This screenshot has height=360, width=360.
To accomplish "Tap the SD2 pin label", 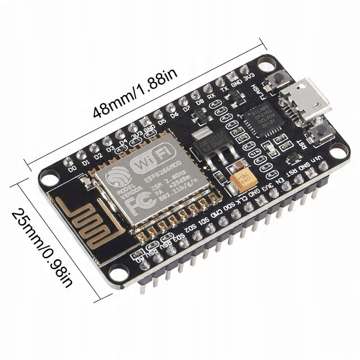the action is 191,227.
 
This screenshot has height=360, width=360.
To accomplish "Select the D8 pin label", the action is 200,102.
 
